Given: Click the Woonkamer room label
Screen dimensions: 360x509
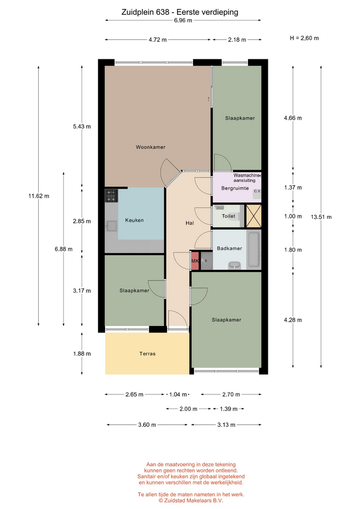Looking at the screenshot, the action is pyautogui.click(x=150, y=147).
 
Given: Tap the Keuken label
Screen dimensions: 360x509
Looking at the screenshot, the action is pyautogui.click(x=134, y=220).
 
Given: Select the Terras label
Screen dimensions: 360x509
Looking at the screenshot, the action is pyautogui.click(x=147, y=354).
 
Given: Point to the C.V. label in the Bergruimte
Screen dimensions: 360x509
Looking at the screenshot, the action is pyautogui.click(x=258, y=191).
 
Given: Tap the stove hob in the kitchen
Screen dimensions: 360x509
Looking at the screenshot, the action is pyautogui.click(x=111, y=196).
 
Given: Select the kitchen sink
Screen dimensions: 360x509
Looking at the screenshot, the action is pyautogui.click(x=111, y=226).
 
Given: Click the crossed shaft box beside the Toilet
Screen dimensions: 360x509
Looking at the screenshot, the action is pyautogui.click(x=253, y=216).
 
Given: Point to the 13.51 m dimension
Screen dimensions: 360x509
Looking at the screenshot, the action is pyautogui.click(x=321, y=217).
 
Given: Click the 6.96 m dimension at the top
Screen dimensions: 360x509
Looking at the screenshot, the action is pyautogui.click(x=183, y=21).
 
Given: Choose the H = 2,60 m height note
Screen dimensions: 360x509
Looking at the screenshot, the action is pyautogui.click(x=304, y=38).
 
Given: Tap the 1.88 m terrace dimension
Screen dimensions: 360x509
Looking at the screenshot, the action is pyautogui.click(x=82, y=354).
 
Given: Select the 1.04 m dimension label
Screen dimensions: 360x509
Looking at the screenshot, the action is pyautogui.click(x=178, y=394).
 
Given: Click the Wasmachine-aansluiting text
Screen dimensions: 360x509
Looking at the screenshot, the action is pyautogui.click(x=247, y=178).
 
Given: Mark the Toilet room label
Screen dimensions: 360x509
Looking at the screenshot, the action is pyautogui.click(x=229, y=216).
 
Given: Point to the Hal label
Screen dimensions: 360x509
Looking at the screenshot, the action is pyautogui.click(x=190, y=223).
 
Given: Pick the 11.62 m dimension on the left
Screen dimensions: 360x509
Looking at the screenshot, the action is pyautogui.click(x=39, y=196).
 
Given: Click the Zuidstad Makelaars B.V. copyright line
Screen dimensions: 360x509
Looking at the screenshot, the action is pyautogui.click(x=191, y=501).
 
